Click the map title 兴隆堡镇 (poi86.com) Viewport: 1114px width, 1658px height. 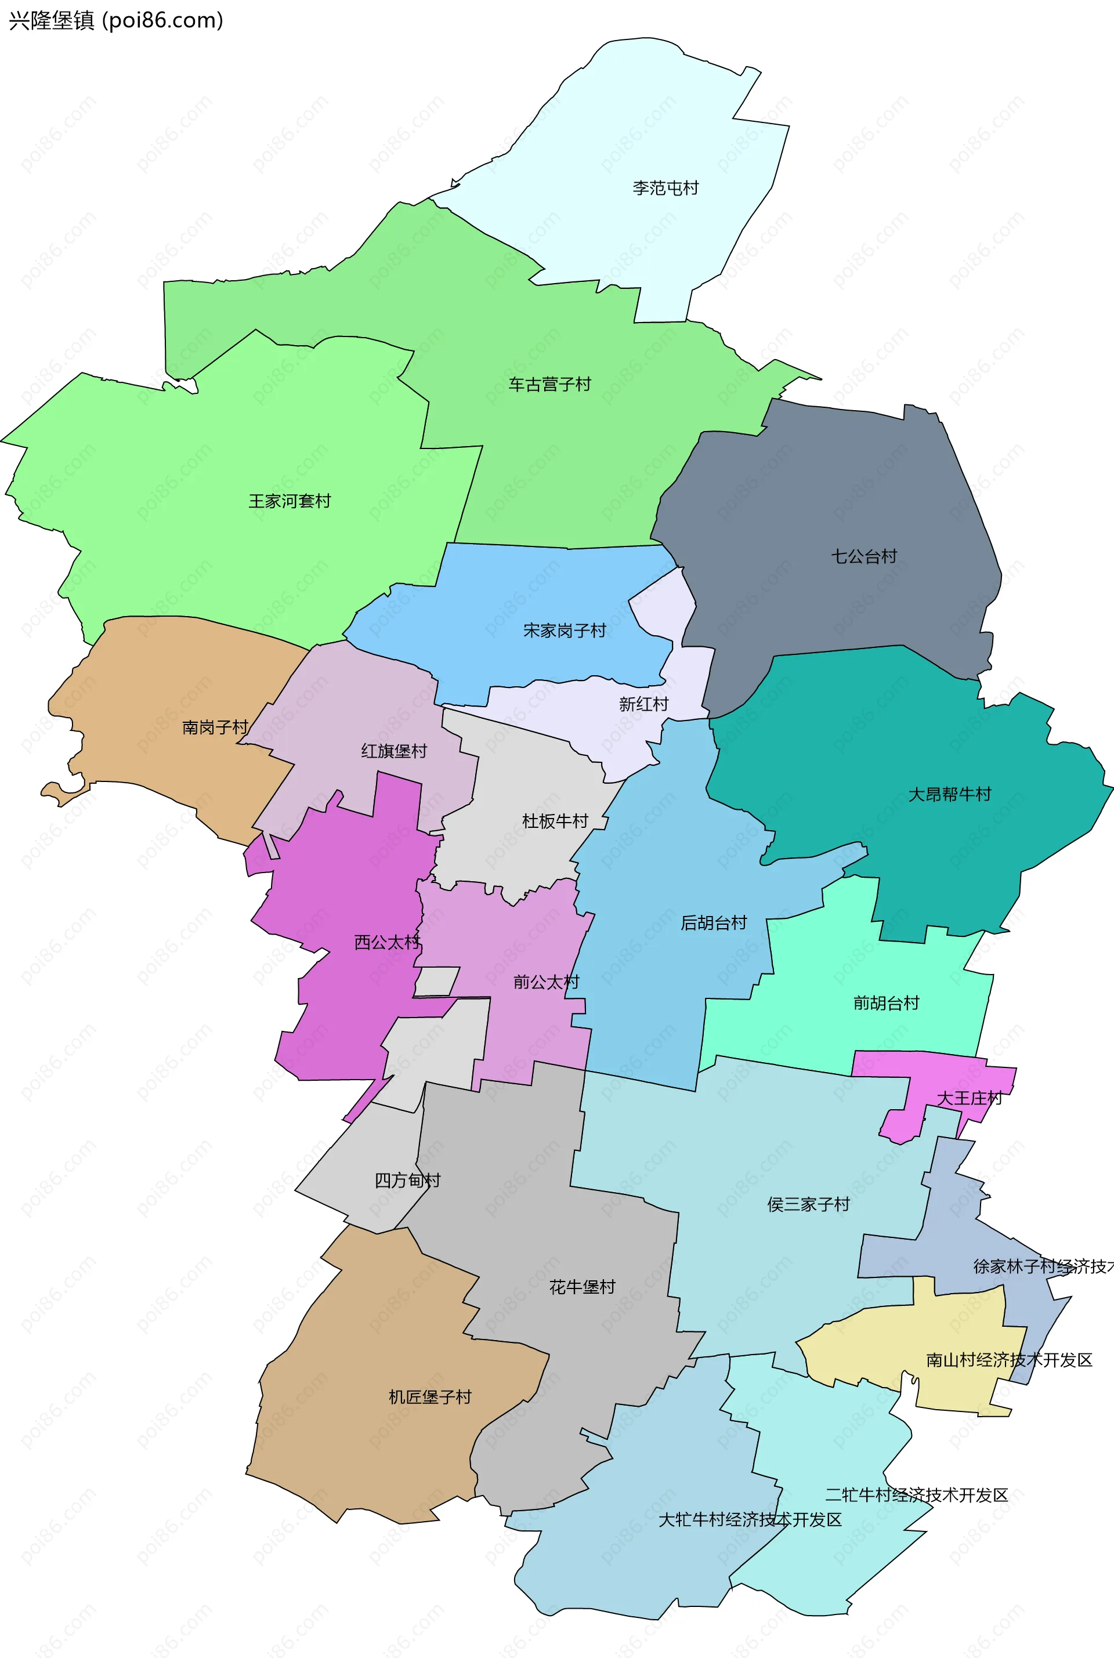click(x=116, y=20)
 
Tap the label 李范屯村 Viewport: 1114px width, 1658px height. click(x=665, y=188)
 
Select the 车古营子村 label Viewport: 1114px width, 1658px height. click(x=549, y=384)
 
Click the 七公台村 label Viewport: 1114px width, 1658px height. click(x=864, y=556)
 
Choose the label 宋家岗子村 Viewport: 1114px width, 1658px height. click(x=564, y=631)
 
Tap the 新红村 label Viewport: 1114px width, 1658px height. click(x=643, y=704)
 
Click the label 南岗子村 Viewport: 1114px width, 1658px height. click(x=215, y=727)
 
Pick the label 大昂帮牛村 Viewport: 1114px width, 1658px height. click(x=949, y=794)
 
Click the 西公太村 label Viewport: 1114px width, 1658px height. click(x=387, y=943)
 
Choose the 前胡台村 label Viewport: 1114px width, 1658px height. click(x=886, y=1003)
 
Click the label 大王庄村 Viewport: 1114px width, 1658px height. click(x=969, y=1098)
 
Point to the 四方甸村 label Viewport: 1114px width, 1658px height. click(x=407, y=1181)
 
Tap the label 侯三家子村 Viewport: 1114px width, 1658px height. click(x=808, y=1204)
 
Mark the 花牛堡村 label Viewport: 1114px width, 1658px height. click(x=582, y=1287)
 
